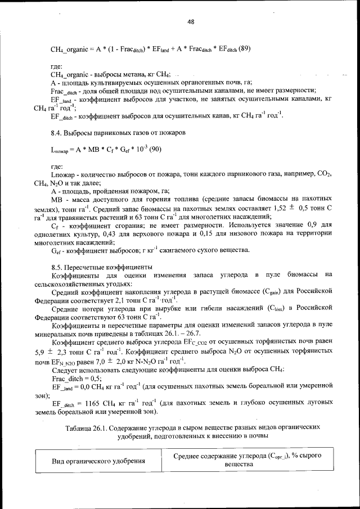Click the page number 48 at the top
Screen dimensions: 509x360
click(x=191, y=21)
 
